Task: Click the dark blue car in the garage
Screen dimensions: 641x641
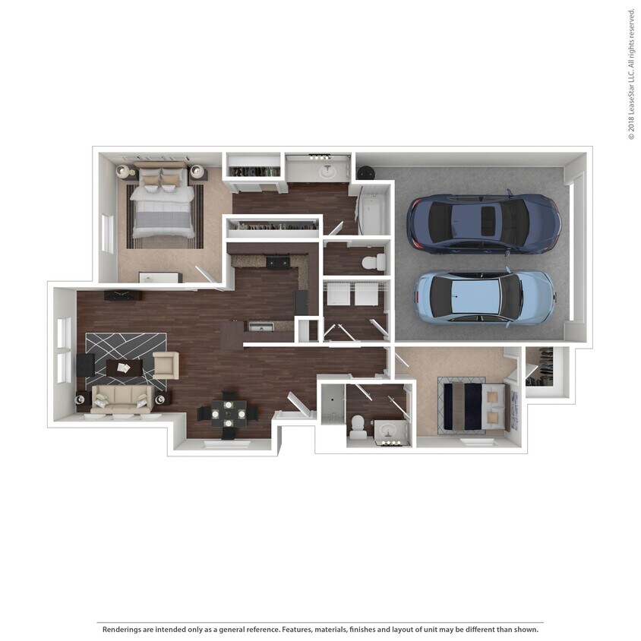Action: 483,223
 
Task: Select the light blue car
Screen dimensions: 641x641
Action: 485,296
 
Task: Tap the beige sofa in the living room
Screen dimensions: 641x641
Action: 122,399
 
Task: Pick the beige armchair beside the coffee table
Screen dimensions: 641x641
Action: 165,365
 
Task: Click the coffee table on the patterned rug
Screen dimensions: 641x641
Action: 124,368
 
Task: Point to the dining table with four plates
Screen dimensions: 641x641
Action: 228,415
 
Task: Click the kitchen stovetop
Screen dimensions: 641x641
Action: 277,262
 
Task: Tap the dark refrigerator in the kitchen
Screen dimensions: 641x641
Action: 302,302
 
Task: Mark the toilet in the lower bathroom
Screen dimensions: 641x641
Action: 358,428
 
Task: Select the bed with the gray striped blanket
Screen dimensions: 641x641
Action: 163,204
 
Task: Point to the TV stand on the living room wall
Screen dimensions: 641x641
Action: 122,295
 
